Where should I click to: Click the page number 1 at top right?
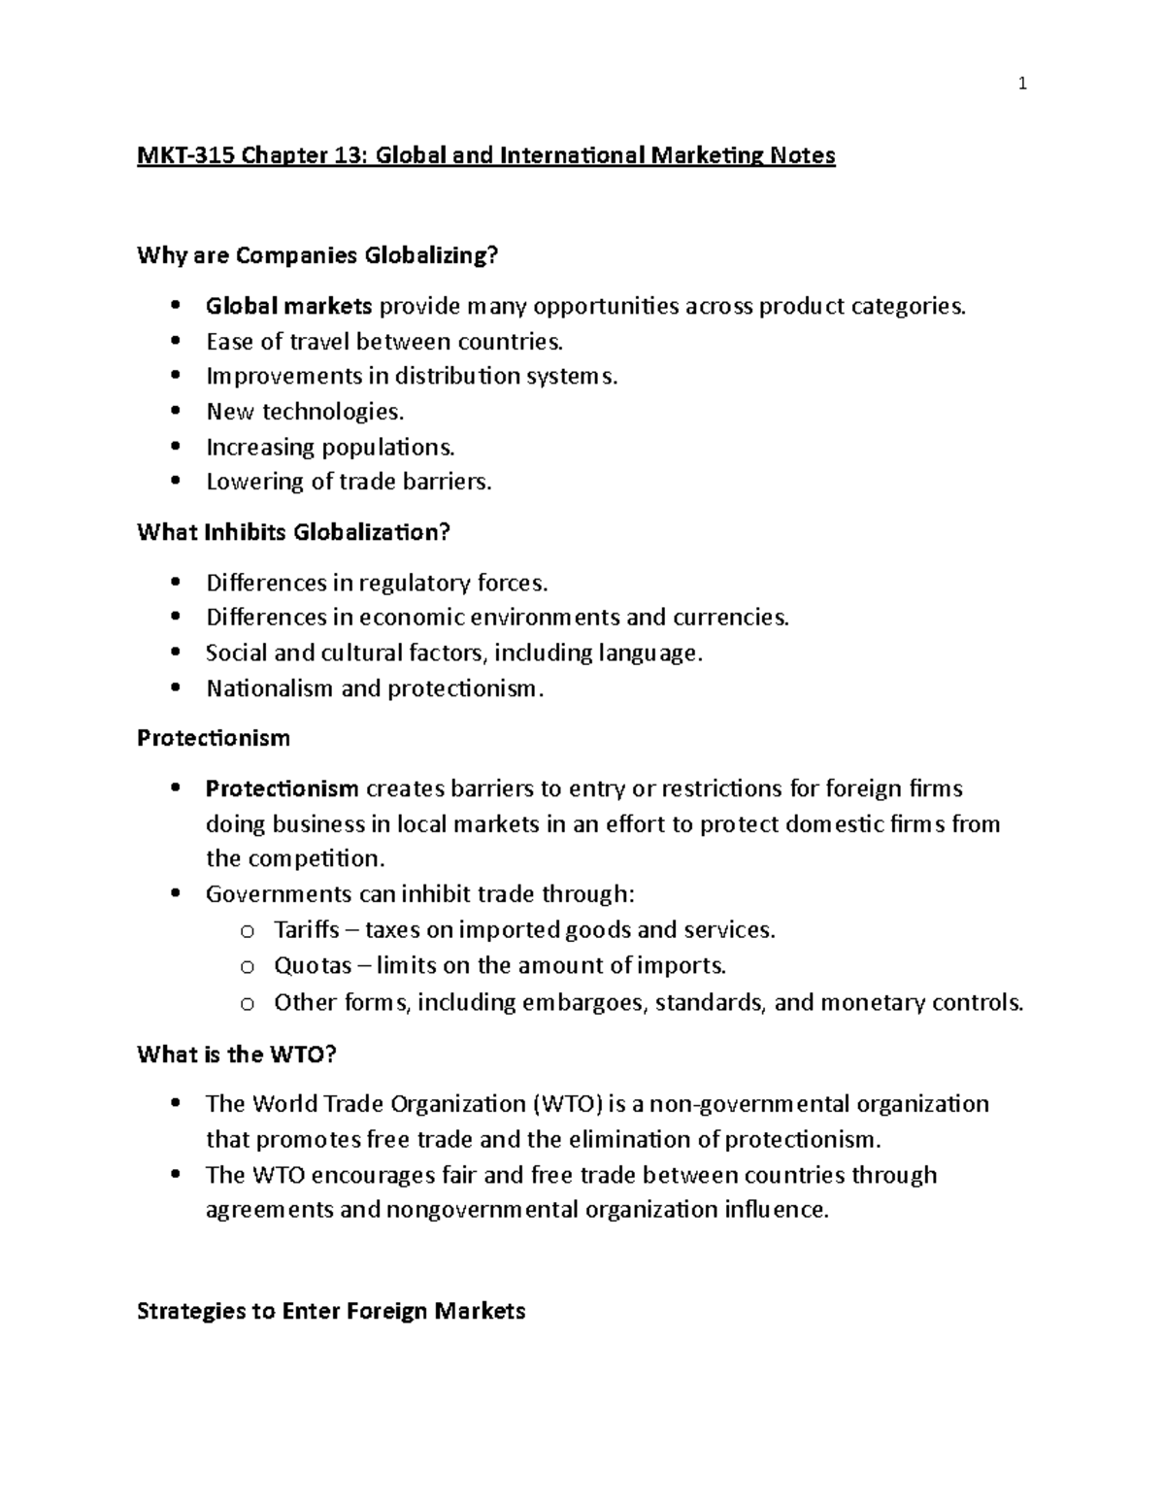(1022, 84)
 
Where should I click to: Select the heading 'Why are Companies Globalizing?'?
(317, 255)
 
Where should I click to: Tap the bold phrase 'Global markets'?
(288, 307)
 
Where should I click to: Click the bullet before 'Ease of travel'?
(175, 342)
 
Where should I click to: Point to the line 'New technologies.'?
(304, 412)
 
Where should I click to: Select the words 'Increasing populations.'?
(330, 448)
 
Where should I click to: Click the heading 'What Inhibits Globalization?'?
(294, 532)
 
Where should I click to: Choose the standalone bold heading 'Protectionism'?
(214, 738)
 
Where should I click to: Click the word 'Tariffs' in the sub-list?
(306, 930)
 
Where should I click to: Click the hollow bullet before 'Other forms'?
(247, 1004)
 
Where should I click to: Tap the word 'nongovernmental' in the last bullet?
(482, 1210)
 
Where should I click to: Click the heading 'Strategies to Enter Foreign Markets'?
(331, 1311)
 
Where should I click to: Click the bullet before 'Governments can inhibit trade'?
(175, 894)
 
